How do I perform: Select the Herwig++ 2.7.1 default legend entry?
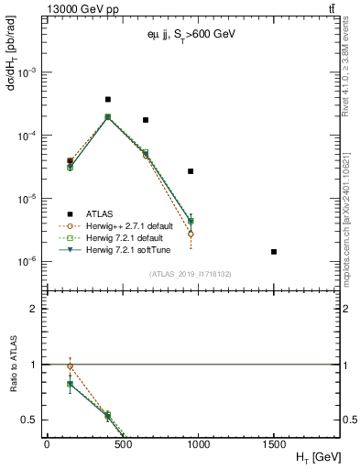[128, 226]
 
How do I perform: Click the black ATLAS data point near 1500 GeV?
[274, 252]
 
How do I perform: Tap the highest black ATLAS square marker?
[107, 99]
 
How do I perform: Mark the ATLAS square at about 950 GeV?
[191, 171]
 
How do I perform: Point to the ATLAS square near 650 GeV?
[145, 120]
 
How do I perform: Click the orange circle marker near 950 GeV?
[191, 234]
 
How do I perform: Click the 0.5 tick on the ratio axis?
[29, 420]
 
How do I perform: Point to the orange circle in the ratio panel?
[70, 366]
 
